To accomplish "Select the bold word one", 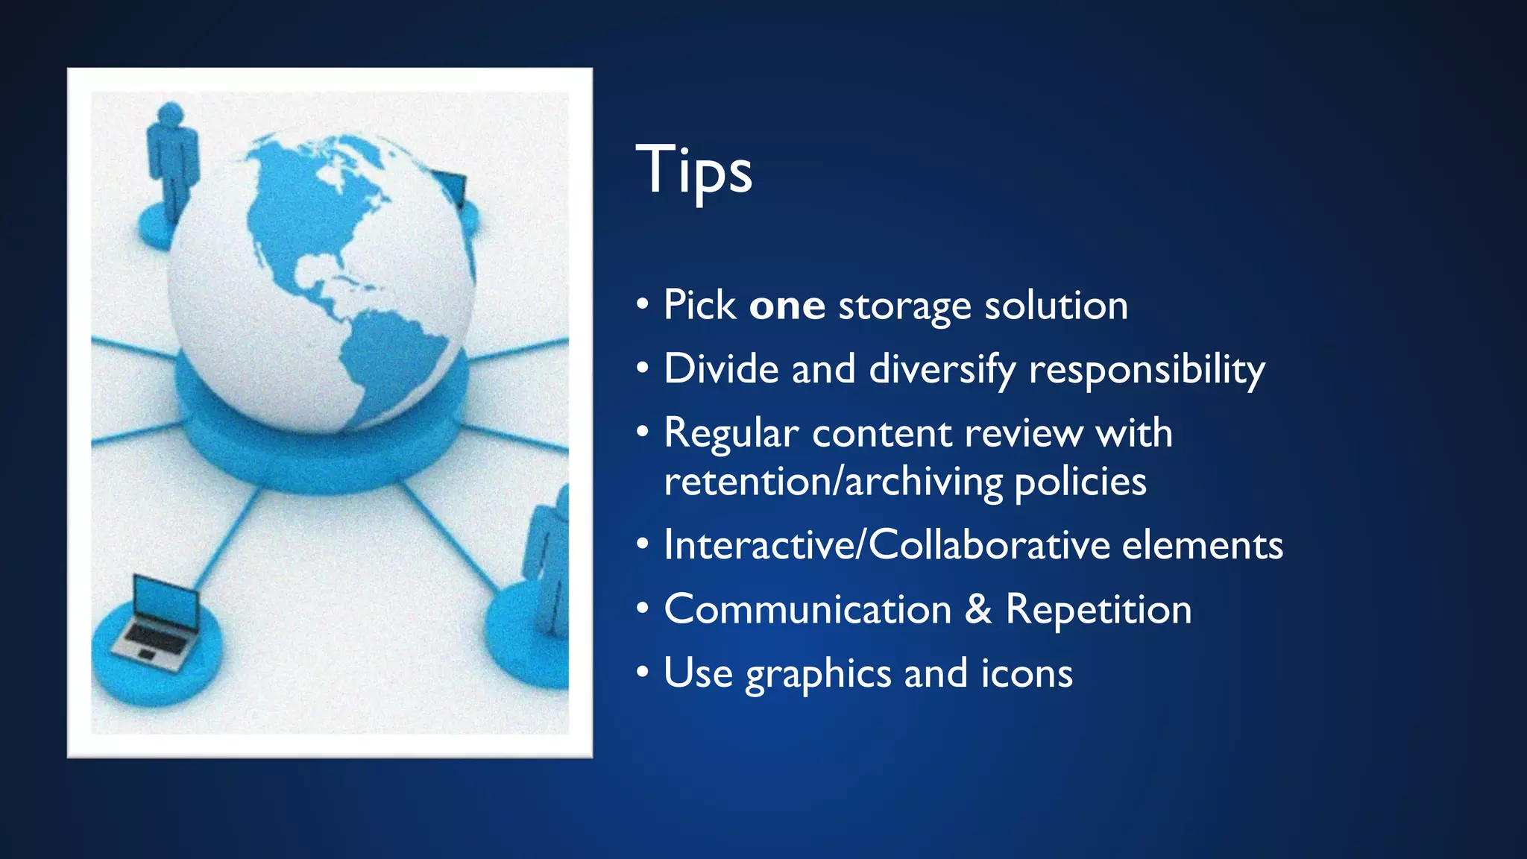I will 787,306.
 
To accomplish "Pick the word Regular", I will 731,434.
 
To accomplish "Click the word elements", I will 1202,545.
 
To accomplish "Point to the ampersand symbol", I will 978,609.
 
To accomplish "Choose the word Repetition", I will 1098,610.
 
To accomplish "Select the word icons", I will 1027,673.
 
